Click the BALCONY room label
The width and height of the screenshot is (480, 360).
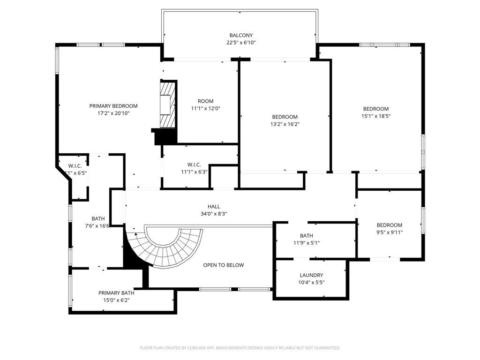pyautogui.click(x=241, y=35)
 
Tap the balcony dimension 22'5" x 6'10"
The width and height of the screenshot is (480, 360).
pyautogui.click(x=241, y=43)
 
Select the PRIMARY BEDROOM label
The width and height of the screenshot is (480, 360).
pyautogui.click(x=113, y=106)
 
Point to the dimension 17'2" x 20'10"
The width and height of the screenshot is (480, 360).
pyautogui.click(x=113, y=113)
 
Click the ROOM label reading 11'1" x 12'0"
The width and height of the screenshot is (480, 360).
pyautogui.click(x=205, y=101)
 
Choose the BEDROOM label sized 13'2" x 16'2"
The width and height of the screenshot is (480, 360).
pyautogui.click(x=285, y=117)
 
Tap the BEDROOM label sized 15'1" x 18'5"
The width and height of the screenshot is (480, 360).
pyautogui.click(x=375, y=109)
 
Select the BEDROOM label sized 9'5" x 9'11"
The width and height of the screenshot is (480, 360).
pyautogui.click(x=389, y=225)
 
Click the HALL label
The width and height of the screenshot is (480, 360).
pyautogui.click(x=214, y=206)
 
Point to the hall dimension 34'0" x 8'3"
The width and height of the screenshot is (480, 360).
pyautogui.click(x=214, y=214)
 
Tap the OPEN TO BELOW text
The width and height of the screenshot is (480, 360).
pyautogui.click(x=223, y=265)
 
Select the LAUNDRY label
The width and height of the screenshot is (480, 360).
pyautogui.click(x=311, y=275)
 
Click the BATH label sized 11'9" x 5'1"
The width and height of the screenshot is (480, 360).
pyautogui.click(x=306, y=236)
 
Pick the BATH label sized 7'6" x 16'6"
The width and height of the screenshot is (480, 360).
pyautogui.click(x=98, y=218)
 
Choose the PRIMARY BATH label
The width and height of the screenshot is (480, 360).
pyautogui.click(x=116, y=293)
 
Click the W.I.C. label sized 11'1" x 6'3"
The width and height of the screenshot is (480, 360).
pyautogui.click(x=194, y=165)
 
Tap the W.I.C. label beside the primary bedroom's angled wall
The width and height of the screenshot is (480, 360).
pyautogui.click(x=75, y=166)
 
